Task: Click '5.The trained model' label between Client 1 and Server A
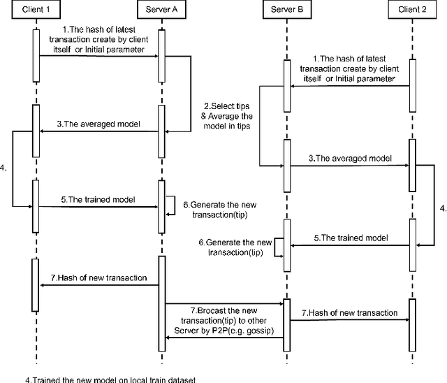pos(97,199)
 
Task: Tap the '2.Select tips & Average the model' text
pos(222,115)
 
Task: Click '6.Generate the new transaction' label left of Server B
pos(230,247)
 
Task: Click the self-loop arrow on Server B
pos(277,246)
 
